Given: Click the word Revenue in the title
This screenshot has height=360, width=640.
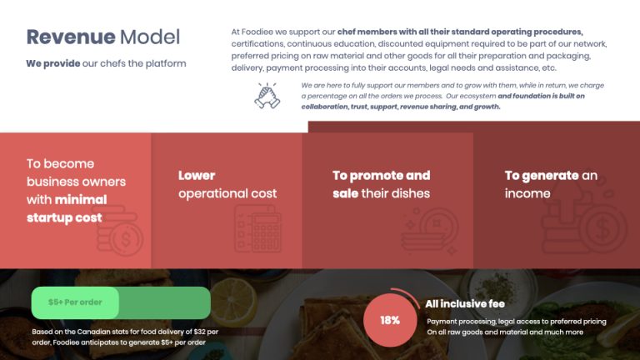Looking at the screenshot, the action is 71,37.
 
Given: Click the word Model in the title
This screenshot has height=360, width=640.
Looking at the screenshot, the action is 150,37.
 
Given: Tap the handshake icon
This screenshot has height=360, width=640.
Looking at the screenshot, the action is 267,96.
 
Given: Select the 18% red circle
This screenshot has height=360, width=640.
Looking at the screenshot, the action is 390,320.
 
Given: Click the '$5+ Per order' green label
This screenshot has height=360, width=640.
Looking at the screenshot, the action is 75,302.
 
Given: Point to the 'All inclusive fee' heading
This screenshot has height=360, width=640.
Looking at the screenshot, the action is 465,303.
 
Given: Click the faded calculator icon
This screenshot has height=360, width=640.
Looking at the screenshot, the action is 258,228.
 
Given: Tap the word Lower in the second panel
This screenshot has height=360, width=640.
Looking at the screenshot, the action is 197,176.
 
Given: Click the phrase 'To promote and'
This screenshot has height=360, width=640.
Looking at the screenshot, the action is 381,176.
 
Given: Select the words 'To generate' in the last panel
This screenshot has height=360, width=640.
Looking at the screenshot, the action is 541,176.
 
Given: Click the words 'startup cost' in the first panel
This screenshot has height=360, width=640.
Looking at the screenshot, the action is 64,217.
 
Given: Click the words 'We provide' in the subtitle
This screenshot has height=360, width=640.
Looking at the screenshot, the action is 53,63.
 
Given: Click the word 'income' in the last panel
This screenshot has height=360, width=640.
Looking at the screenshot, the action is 527,193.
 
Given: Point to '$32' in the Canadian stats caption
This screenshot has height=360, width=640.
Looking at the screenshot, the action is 199,332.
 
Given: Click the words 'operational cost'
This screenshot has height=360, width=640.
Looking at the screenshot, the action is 227,193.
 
